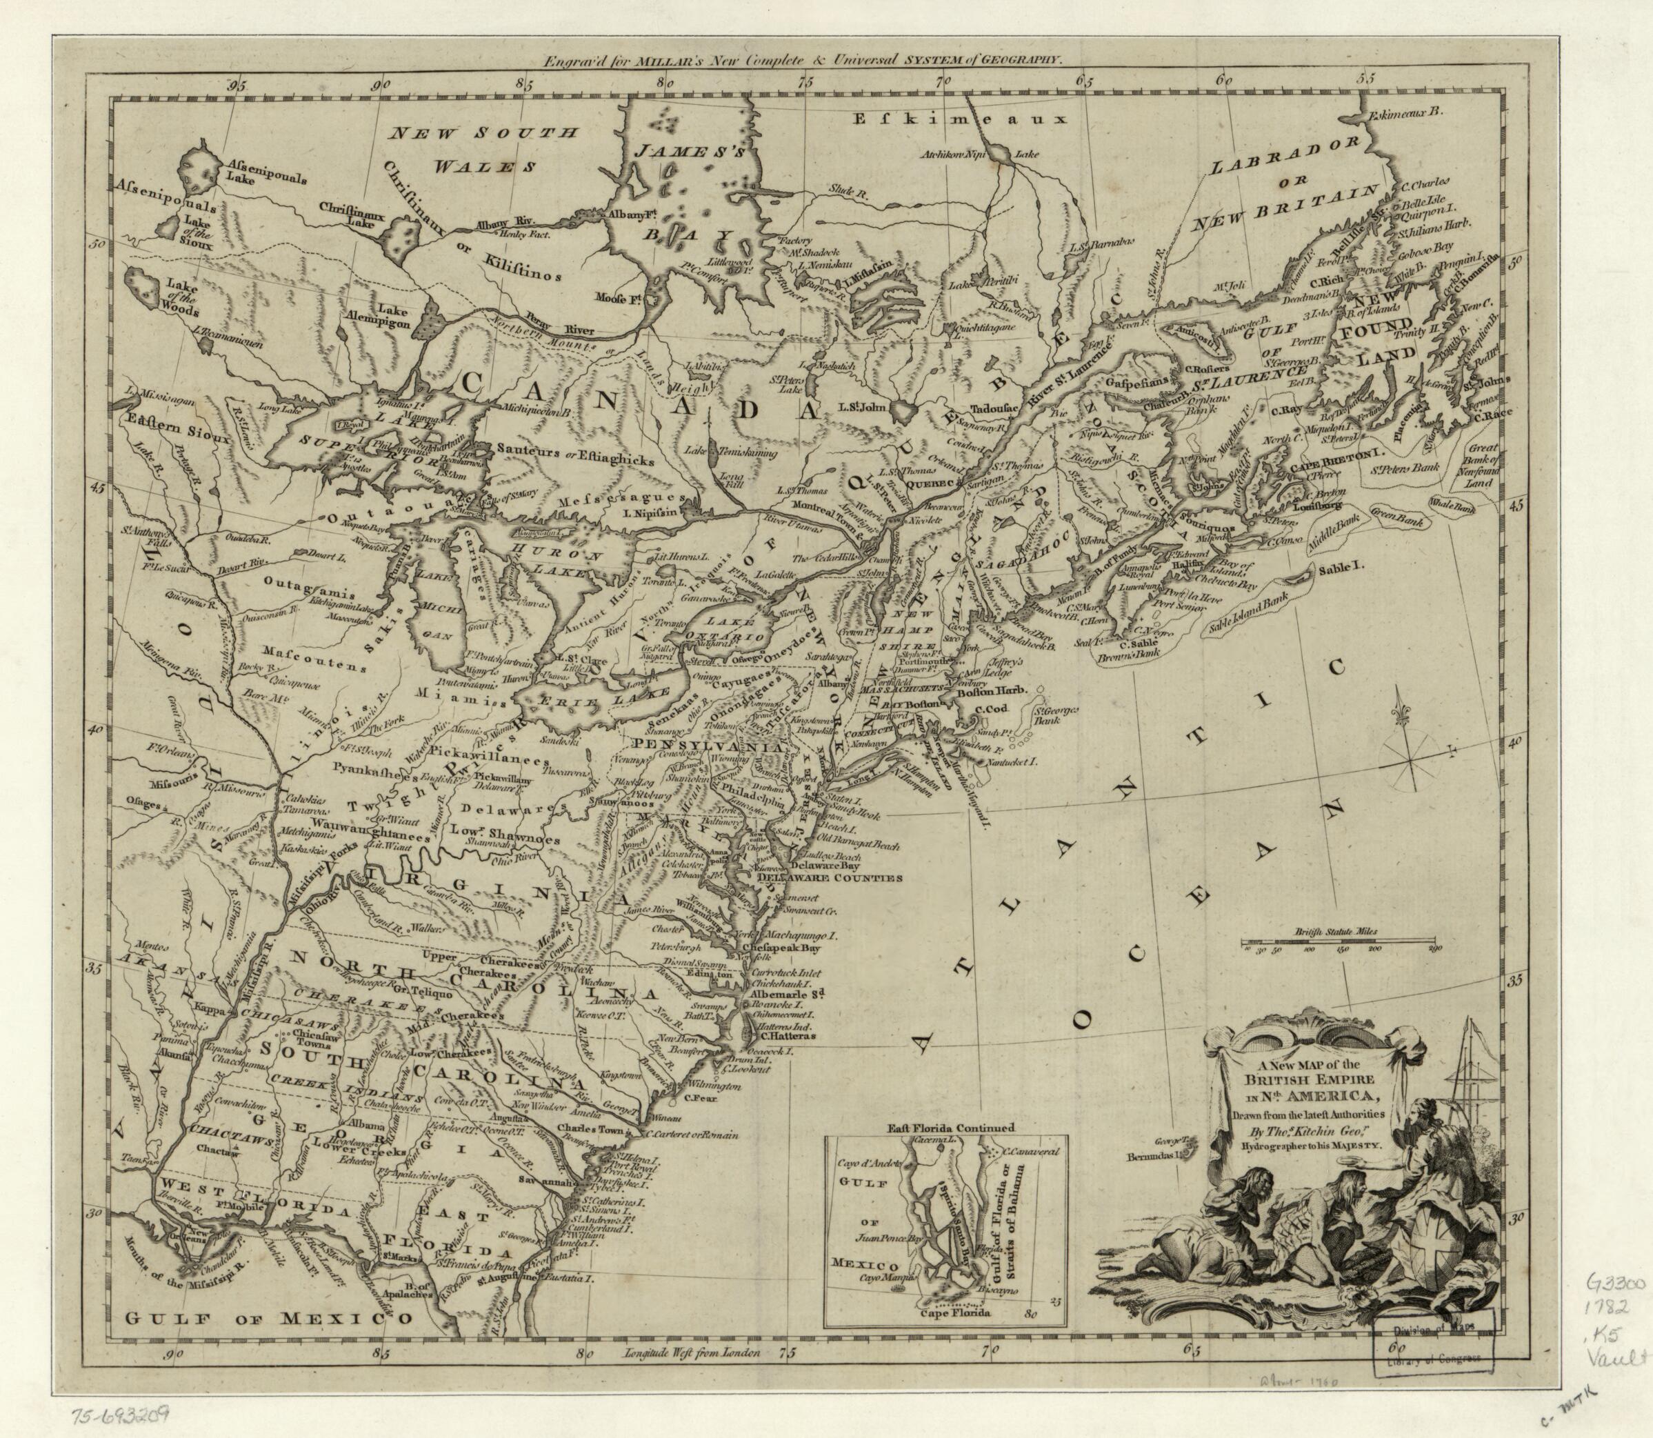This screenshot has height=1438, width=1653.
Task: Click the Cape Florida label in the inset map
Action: click(x=955, y=1336)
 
